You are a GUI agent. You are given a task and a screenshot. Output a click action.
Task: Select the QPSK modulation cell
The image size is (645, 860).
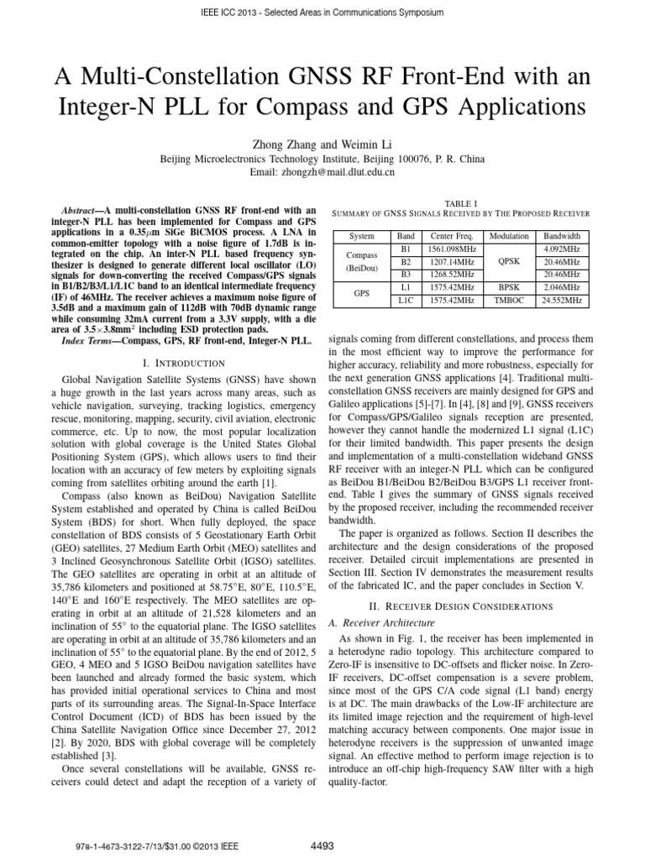click(x=508, y=261)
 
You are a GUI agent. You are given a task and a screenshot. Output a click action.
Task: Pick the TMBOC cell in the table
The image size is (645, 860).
click(x=508, y=299)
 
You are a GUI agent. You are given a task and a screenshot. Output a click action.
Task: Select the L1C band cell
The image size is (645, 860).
click(x=406, y=299)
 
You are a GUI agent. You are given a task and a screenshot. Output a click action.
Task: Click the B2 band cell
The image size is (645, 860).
click(x=406, y=261)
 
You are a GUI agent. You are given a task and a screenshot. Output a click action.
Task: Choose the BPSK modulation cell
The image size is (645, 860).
click(x=508, y=286)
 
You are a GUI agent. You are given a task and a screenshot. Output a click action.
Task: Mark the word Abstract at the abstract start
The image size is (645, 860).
click(x=86, y=209)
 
